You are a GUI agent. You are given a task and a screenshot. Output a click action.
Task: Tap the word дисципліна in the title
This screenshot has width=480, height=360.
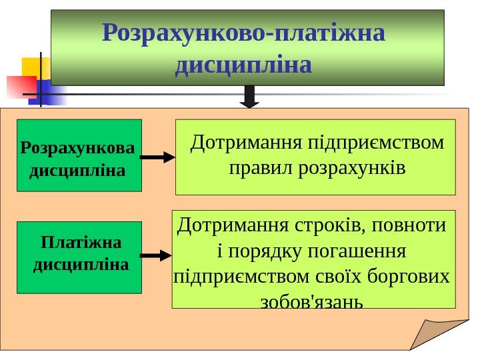243,65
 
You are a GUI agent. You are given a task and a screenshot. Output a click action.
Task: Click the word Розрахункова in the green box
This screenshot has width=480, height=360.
77,145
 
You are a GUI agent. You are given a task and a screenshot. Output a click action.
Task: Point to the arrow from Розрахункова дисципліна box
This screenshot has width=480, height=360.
159,158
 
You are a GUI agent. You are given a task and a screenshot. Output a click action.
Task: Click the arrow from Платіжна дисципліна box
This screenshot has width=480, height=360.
157,255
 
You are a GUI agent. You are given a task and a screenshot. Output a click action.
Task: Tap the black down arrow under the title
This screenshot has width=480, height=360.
249,96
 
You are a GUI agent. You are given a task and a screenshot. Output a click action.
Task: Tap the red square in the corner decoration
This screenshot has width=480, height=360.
21,87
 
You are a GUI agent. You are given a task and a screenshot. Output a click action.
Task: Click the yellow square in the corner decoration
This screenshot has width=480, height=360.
33,67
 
